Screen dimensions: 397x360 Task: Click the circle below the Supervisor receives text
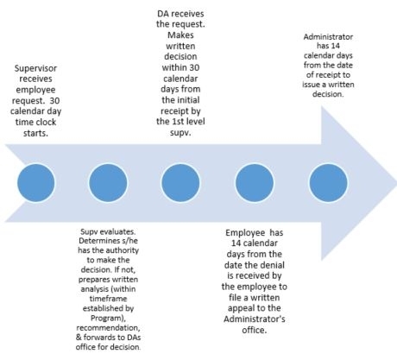pos(36,183)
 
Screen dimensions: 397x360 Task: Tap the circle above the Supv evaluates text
pos(108,183)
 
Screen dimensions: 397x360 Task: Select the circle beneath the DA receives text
pos(180,183)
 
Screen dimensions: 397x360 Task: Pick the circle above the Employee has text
pos(255,183)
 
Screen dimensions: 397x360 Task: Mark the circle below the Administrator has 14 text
pos(328,183)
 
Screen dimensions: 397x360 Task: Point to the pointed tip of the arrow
pos(396,183)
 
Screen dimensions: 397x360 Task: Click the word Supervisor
pos(35,68)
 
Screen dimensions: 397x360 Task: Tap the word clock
pos(44,122)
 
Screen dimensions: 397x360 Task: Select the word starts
pos(35,133)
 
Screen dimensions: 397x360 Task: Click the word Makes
pos(180,35)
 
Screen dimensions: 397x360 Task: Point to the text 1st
pos(179,122)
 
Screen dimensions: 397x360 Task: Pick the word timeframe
pos(108,299)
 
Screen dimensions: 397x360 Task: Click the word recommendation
pos(108,328)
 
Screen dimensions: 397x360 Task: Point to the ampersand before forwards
pos(79,338)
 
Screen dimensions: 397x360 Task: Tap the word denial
pos(270,265)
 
